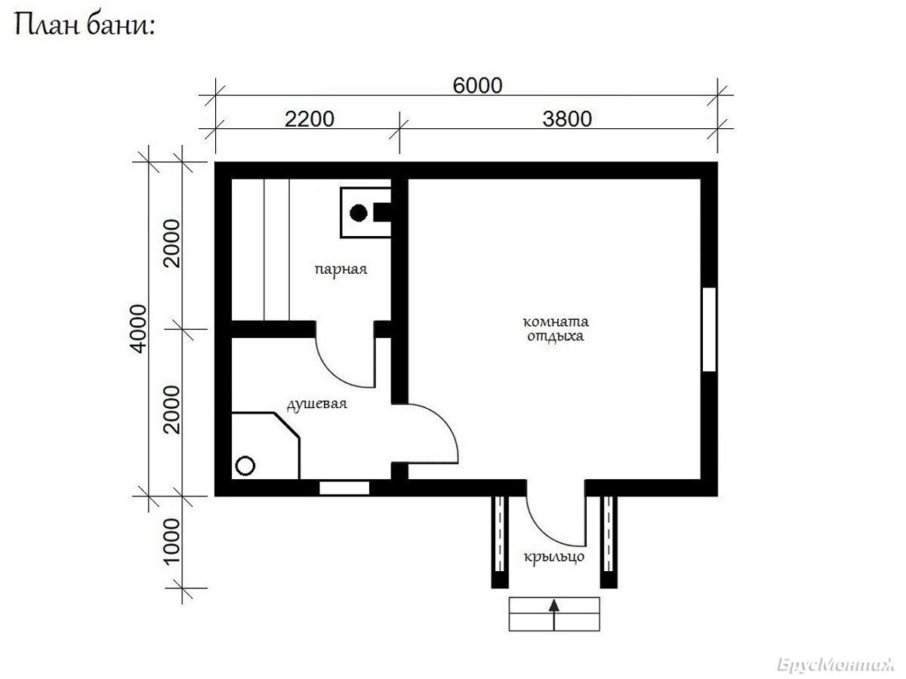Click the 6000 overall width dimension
click(x=477, y=86)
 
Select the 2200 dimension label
click(x=309, y=119)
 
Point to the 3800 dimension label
click(x=567, y=119)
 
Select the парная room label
click(x=341, y=269)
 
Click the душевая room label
click(x=317, y=404)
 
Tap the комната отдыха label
click(x=556, y=329)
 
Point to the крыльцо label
click(x=554, y=557)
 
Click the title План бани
click(x=85, y=25)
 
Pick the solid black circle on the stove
click(x=359, y=213)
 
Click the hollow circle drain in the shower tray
click(x=245, y=465)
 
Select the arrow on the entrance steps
click(x=554, y=615)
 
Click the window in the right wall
click(x=709, y=330)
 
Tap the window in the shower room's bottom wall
click(x=344, y=487)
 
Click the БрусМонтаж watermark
click(x=837, y=665)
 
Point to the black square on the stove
click(x=382, y=212)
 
